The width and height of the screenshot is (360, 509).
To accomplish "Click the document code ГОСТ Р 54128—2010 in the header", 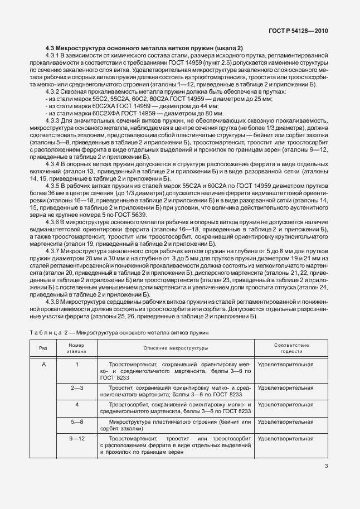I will click(x=298, y=32).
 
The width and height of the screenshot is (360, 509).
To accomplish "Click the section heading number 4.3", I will click(x=50, y=49).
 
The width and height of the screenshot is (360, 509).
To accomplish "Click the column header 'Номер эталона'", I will click(x=77, y=348).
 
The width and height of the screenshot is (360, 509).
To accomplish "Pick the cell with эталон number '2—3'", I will click(x=77, y=387).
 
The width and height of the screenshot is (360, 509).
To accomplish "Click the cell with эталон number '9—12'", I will click(x=77, y=439).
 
